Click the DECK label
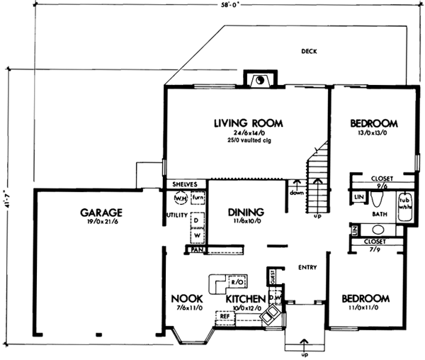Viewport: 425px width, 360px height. [308, 51]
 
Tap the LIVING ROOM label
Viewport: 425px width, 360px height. [248, 123]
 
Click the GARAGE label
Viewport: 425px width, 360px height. [101, 211]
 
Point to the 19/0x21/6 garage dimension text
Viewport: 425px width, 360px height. [101, 222]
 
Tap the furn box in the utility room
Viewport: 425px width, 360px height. [198, 197]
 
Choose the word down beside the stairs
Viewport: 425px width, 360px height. [295, 192]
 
